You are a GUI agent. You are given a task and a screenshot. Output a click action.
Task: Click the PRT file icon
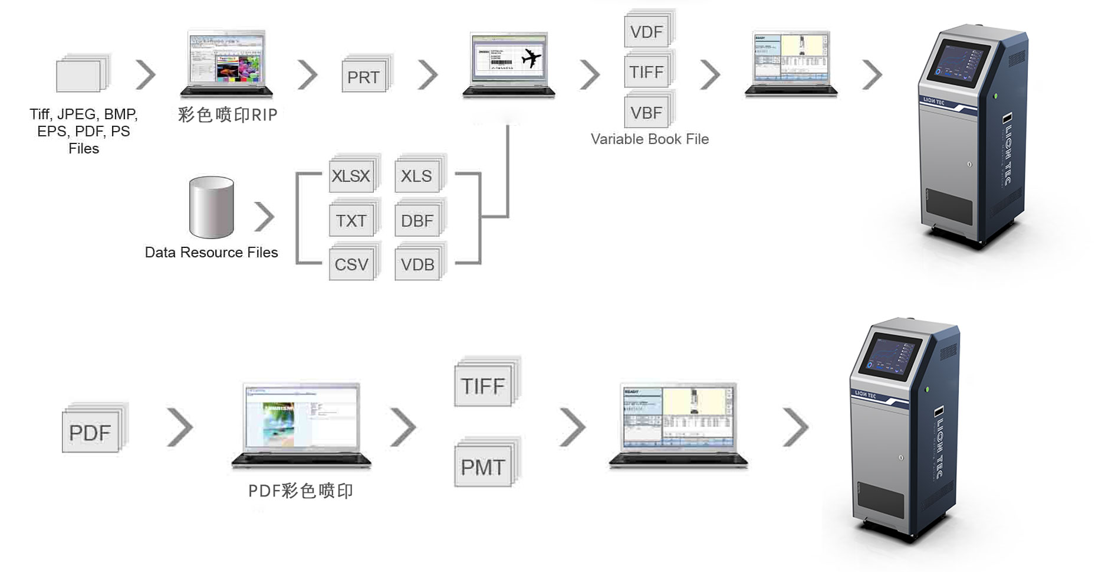click(x=364, y=76)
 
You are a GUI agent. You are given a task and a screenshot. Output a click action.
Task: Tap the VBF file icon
click(x=647, y=112)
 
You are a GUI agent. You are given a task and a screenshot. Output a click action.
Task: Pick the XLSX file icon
click(x=351, y=175)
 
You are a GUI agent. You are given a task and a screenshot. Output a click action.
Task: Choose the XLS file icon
click(x=417, y=175)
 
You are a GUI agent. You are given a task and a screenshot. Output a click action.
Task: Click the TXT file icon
click(x=351, y=220)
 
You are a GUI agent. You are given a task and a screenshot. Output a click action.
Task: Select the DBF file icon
click(x=417, y=220)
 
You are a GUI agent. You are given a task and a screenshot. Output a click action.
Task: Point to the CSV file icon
click(x=351, y=264)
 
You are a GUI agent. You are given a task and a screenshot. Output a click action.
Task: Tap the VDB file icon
click(x=417, y=264)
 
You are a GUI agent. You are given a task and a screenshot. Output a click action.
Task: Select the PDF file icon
click(x=91, y=432)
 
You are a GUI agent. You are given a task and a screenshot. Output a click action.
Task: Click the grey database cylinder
click(x=211, y=207)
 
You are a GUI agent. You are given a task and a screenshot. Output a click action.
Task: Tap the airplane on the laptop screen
click(x=531, y=58)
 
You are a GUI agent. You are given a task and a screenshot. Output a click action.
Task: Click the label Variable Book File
click(x=650, y=139)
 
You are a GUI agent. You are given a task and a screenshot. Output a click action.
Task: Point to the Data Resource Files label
click(x=211, y=253)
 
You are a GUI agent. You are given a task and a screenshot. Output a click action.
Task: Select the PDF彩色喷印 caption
click(x=301, y=491)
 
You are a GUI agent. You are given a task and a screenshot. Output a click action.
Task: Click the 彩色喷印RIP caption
click(x=228, y=115)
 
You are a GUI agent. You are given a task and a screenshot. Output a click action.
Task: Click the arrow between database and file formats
click(x=265, y=217)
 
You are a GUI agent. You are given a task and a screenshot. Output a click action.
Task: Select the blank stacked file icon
click(x=81, y=75)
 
